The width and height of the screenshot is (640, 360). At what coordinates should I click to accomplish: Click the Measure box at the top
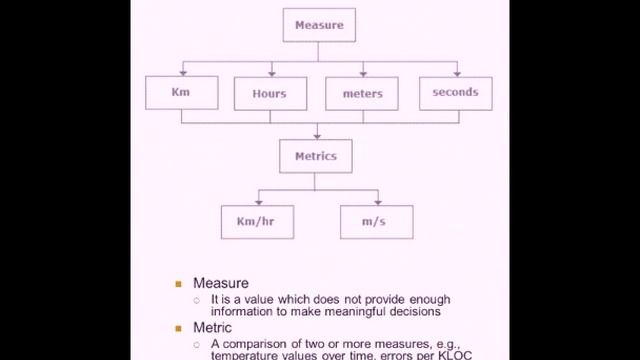[319, 25]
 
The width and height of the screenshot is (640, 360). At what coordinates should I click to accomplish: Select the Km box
[181, 93]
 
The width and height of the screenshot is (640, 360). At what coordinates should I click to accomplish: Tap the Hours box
[269, 93]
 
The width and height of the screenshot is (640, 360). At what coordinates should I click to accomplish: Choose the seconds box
[455, 93]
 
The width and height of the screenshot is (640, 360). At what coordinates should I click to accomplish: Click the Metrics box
[316, 157]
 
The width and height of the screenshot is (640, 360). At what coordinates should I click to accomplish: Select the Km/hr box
[257, 221]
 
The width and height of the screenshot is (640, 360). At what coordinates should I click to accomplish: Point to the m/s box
[376, 221]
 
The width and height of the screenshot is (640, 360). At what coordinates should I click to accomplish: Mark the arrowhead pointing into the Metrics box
[317, 135]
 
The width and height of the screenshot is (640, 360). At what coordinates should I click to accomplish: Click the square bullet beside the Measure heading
[179, 284]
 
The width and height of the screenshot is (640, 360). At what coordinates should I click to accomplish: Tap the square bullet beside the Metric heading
[179, 328]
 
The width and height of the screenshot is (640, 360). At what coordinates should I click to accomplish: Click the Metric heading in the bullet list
[212, 327]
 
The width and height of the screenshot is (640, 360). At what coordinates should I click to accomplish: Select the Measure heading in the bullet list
[220, 283]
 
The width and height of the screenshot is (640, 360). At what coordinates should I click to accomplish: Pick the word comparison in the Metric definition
[254, 343]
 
